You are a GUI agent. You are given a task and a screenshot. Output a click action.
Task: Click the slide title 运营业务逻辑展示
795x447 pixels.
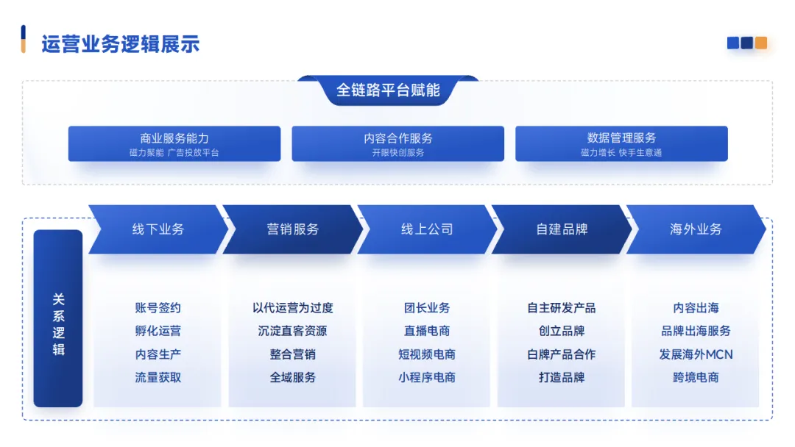click(x=120, y=43)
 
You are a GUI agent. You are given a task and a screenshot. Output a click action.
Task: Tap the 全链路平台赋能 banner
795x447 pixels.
click(x=388, y=90)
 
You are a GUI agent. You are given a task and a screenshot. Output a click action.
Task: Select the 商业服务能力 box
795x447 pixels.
click(x=174, y=143)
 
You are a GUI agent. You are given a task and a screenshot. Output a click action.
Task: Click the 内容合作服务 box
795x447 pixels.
click(x=397, y=143)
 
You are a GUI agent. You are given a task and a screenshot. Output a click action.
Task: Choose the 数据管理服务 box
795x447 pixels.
click(x=621, y=143)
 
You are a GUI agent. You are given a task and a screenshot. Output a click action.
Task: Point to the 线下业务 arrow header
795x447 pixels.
click(x=158, y=229)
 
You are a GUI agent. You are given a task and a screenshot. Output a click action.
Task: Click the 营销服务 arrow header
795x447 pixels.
click(x=292, y=229)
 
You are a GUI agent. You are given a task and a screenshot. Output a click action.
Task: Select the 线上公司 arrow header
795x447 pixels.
click(x=427, y=229)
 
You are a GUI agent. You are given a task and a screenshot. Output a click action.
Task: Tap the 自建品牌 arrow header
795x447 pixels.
click(x=562, y=229)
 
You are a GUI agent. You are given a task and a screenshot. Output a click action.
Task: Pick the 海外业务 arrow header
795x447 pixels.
click(x=696, y=229)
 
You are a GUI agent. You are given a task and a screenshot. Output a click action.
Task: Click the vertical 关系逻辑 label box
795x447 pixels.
click(x=58, y=318)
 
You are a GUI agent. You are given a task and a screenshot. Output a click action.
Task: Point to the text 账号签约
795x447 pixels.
click(x=158, y=308)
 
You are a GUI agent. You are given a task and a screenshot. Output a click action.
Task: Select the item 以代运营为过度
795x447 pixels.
click(x=292, y=308)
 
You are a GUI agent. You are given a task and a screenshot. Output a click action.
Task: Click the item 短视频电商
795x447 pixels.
click(x=427, y=354)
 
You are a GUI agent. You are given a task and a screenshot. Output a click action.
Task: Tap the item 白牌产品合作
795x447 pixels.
click(x=562, y=354)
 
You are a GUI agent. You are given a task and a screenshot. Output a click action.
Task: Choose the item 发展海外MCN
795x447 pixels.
click(x=696, y=354)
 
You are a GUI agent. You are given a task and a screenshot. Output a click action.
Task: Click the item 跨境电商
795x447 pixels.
click(x=696, y=378)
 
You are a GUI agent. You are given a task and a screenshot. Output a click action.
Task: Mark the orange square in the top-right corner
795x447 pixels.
click(x=760, y=43)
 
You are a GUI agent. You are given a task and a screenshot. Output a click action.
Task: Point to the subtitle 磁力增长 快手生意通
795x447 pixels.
click(x=621, y=153)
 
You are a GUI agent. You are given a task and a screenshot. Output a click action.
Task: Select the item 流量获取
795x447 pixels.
click(x=158, y=378)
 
